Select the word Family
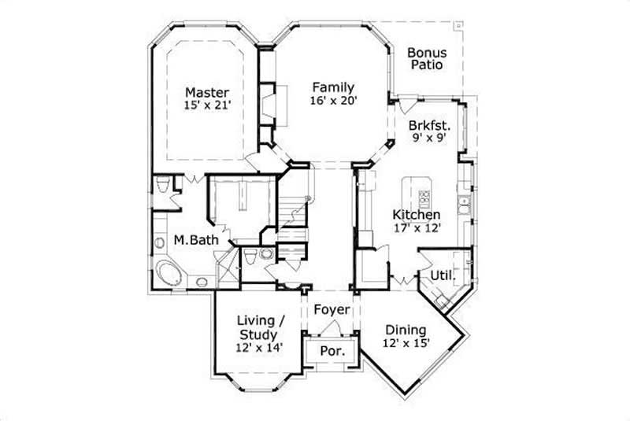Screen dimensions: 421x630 pos(332,87)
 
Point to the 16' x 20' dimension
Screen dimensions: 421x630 pos(332,101)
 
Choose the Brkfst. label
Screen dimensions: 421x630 pos(429,125)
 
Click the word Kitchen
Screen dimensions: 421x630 pos(417,215)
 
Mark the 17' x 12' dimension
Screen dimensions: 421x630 pos(417,228)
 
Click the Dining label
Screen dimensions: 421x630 pos(406,330)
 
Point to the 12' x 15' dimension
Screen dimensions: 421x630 pos(406,343)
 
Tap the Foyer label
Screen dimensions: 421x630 pos(332,309)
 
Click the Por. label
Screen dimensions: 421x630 pos(332,350)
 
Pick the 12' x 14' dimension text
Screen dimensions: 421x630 pos(260,347)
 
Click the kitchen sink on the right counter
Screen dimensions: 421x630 pos(466,207)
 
